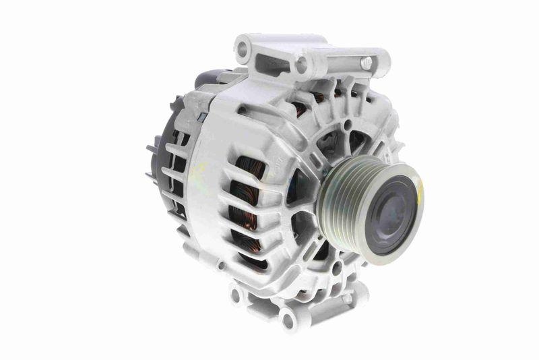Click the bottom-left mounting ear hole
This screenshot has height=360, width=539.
[x=236, y=294]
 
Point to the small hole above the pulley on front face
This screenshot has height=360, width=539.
[x=346, y=125]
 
